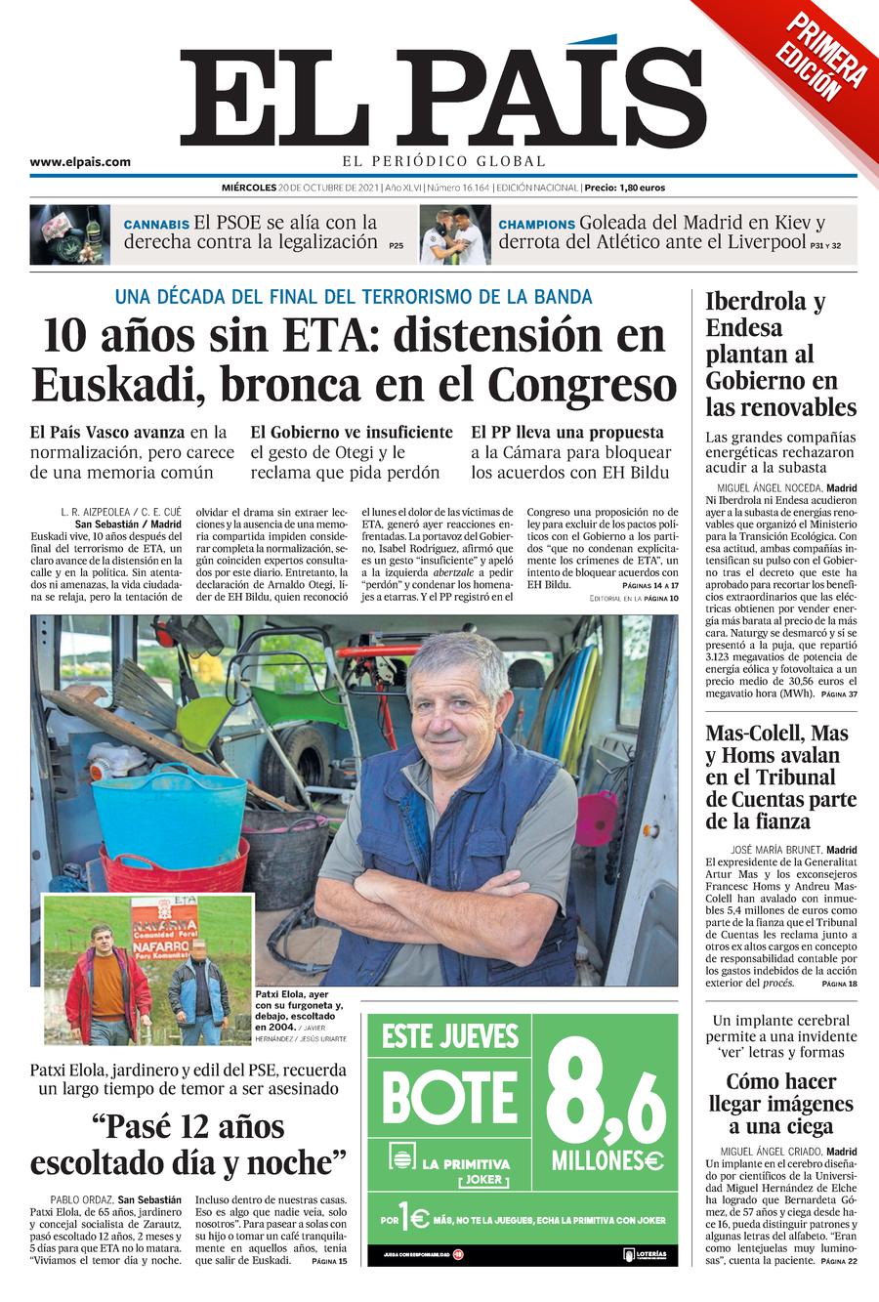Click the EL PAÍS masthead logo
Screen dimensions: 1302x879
(x=441, y=98)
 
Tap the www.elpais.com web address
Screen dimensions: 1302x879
(x=80, y=163)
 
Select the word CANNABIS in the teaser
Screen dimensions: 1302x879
(x=156, y=225)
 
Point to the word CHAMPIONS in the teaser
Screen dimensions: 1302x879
(x=536, y=225)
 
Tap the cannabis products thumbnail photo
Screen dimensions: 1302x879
(x=69, y=234)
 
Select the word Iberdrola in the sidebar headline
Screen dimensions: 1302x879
(x=753, y=301)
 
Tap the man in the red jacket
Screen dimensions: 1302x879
(x=108, y=982)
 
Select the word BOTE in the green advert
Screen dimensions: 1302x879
(x=449, y=1097)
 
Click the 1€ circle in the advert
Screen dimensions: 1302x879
(x=414, y=1219)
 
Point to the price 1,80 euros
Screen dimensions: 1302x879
(x=641, y=188)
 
